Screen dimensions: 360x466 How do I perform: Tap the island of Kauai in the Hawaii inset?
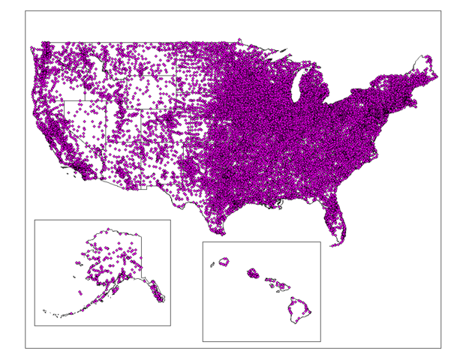[x=223, y=262]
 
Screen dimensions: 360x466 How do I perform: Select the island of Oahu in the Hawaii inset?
[x=253, y=273]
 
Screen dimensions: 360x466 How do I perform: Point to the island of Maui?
[x=281, y=286]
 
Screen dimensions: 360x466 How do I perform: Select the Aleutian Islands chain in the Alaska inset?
[x=60, y=313]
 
